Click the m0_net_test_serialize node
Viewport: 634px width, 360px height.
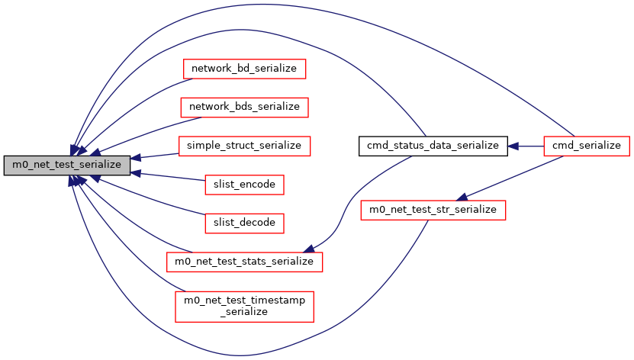66,163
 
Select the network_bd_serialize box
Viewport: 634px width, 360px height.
244,69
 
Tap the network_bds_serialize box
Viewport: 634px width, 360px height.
244,107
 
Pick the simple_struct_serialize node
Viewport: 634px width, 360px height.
244,145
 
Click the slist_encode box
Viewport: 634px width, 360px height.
244,184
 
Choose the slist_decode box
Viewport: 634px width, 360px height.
244,223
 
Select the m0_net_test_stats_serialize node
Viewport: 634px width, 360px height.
244,261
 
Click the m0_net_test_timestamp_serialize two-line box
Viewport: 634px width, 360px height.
244,306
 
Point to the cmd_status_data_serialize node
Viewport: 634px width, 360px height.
433,145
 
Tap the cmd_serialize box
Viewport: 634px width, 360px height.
587,145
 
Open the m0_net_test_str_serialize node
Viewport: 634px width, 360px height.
433,208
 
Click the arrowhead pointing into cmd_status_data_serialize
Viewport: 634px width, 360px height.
513,145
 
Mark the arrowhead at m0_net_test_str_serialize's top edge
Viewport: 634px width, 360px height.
462,197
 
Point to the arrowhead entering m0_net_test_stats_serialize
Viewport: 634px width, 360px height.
310,249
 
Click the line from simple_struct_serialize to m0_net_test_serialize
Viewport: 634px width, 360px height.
156,156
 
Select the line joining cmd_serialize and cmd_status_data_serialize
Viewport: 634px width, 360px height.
526,145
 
